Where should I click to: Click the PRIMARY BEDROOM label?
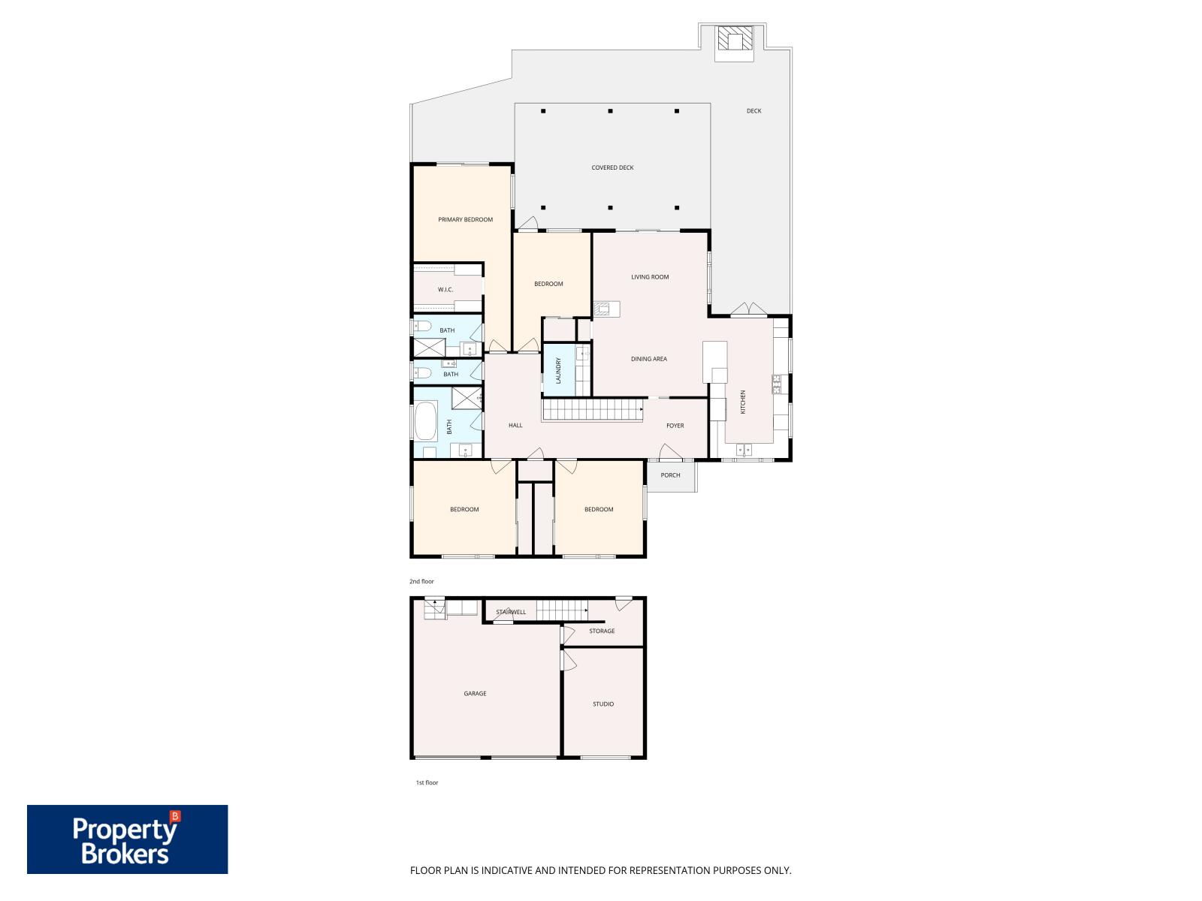pos(465,219)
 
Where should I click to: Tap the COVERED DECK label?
pos(612,167)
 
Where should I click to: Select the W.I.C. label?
pos(445,289)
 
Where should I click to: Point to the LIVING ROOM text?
pos(650,277)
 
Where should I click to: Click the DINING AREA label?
pos(649,359)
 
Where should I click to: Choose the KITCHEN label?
pos(743,402)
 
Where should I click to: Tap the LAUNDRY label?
pos(559,370)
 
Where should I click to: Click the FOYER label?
pos(675,426)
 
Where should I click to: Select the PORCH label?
pos(670,475)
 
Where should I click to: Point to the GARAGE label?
pos(475,693)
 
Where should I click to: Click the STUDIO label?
pos(603,704)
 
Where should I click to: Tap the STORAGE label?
pos(602,631)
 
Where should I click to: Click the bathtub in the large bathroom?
pos(425,420)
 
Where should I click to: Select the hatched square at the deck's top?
pos(735,38)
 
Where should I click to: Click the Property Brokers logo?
pos(127,839)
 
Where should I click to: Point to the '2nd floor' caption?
pos(421,581)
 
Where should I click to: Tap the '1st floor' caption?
pos(427,782)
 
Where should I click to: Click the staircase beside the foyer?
pos(593,410)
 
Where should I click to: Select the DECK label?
pos(754,110)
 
